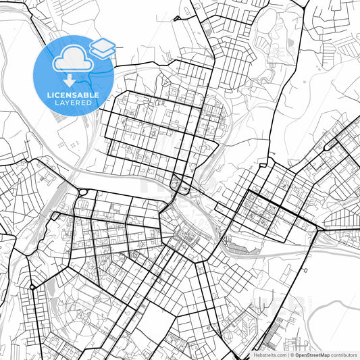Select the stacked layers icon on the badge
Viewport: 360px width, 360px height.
tap(103, 47)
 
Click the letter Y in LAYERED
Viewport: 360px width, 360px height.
tap(68, 103)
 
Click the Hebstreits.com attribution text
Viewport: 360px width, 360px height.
tap(269, 355)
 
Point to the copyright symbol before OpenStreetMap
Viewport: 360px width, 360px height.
tap(292, 355)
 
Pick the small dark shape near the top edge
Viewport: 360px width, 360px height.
tap(177, 18)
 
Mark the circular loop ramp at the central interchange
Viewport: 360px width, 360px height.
tap(177, 182)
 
